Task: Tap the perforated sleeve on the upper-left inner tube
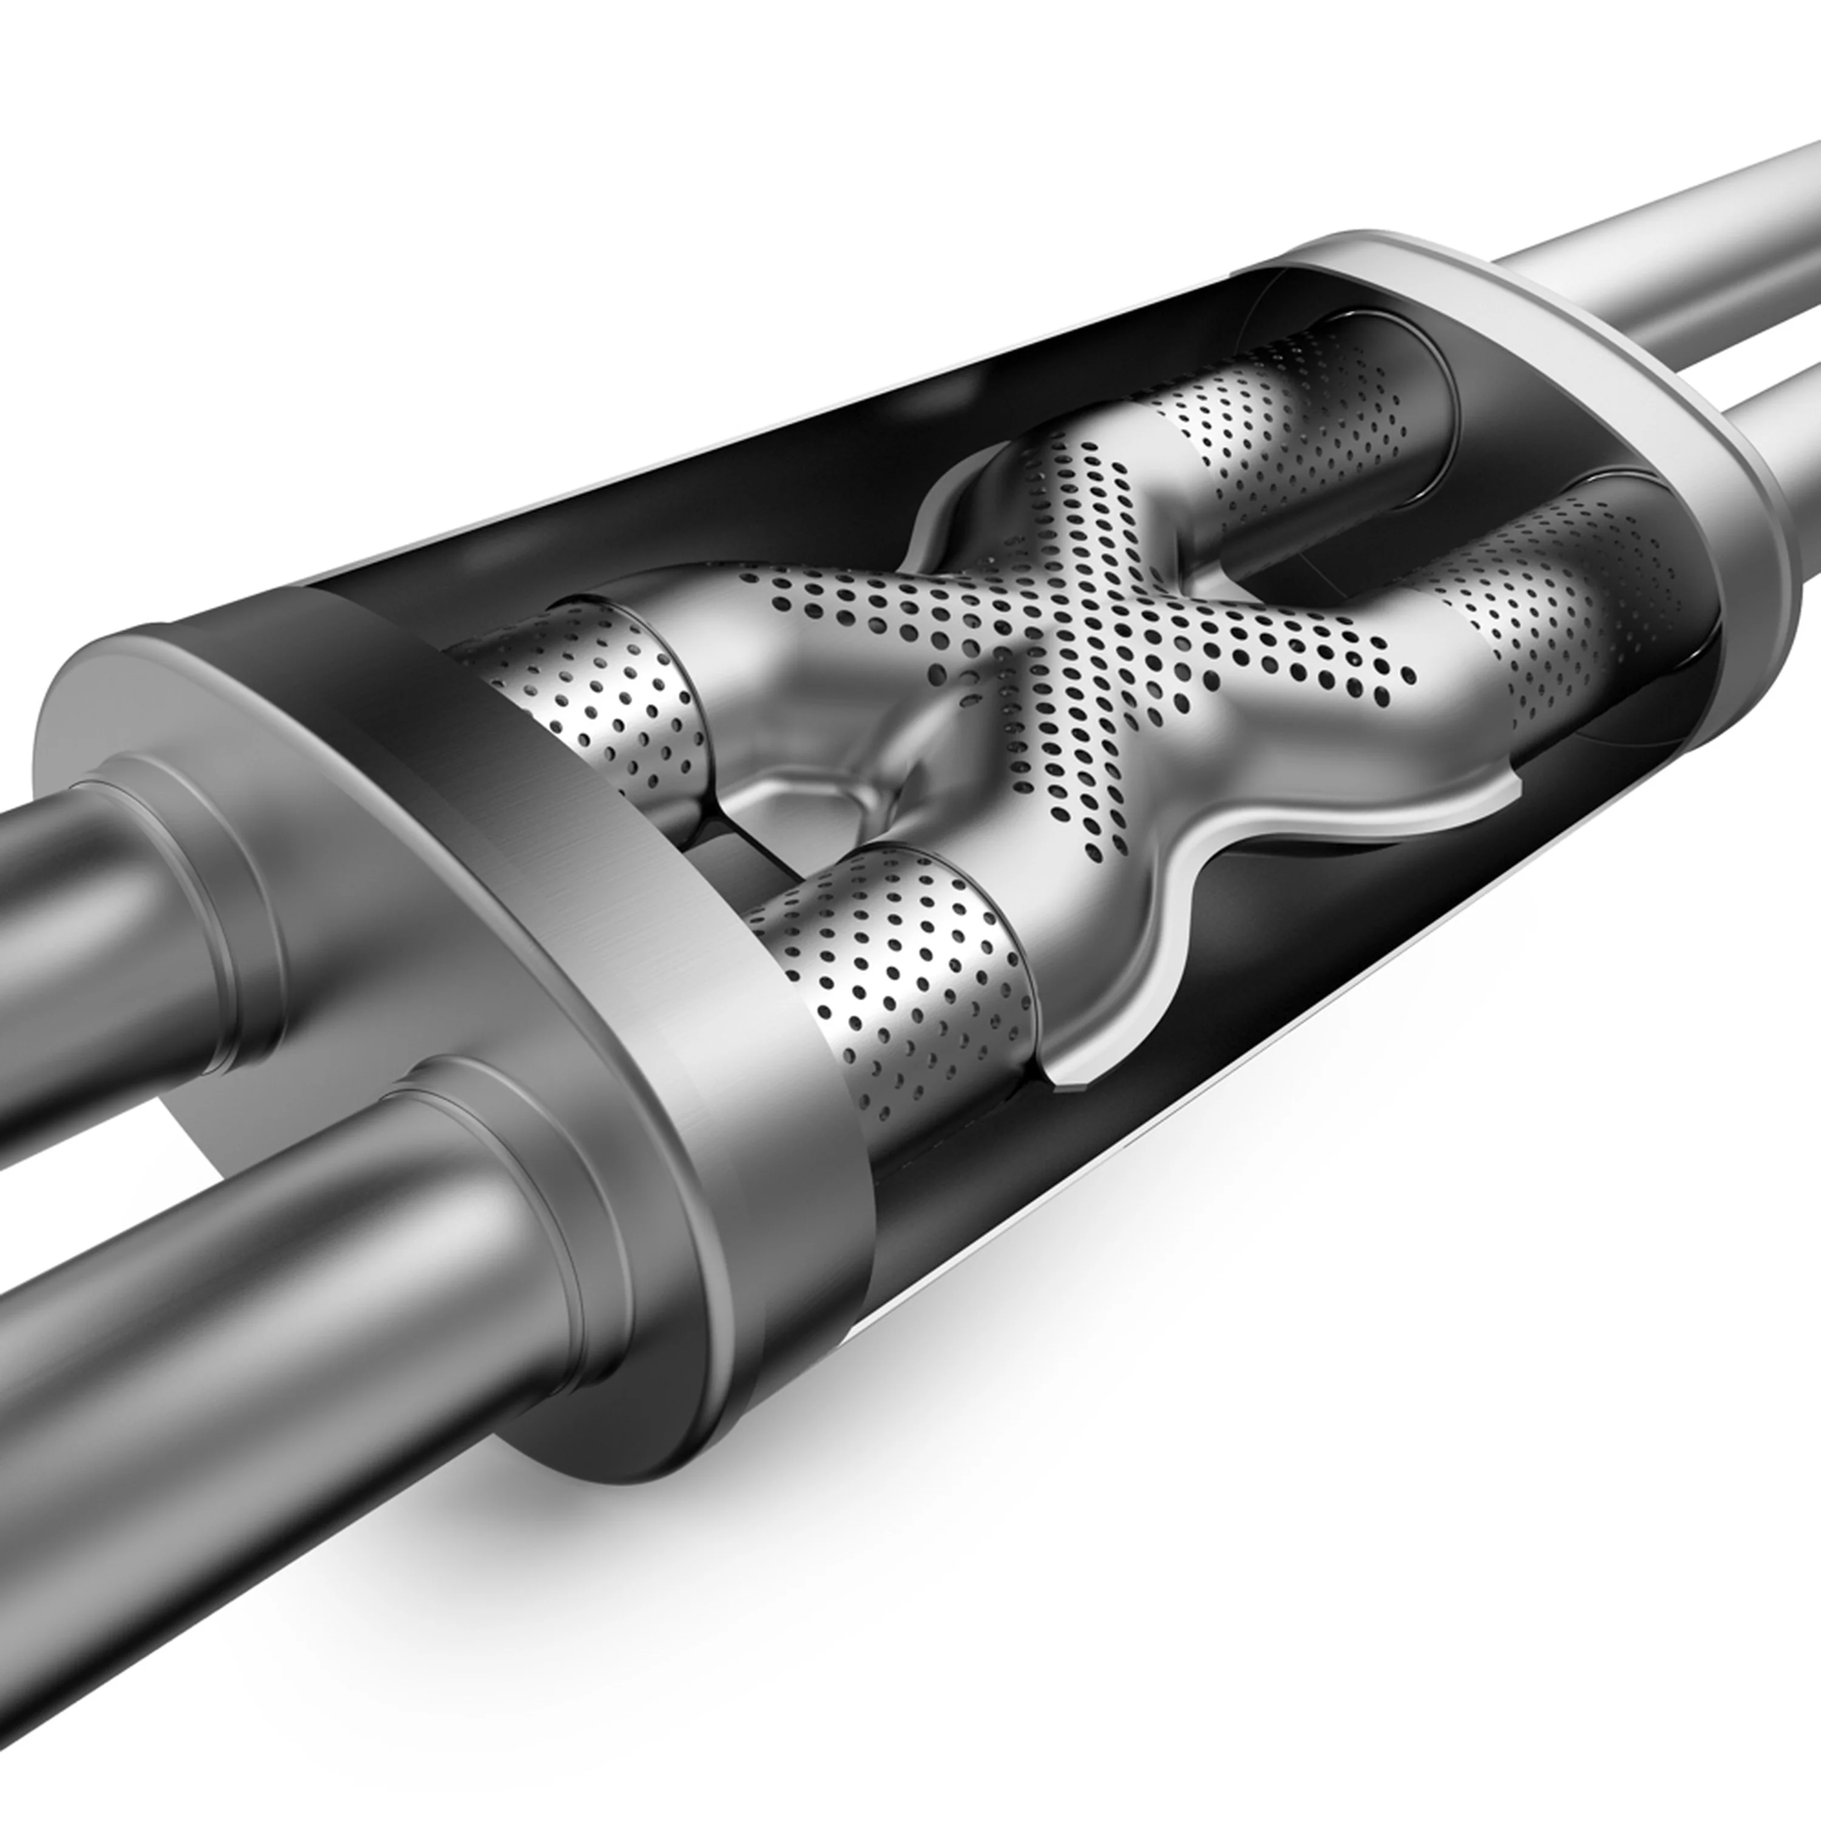click(603, 697)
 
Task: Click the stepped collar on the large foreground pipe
click(528, 1253)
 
